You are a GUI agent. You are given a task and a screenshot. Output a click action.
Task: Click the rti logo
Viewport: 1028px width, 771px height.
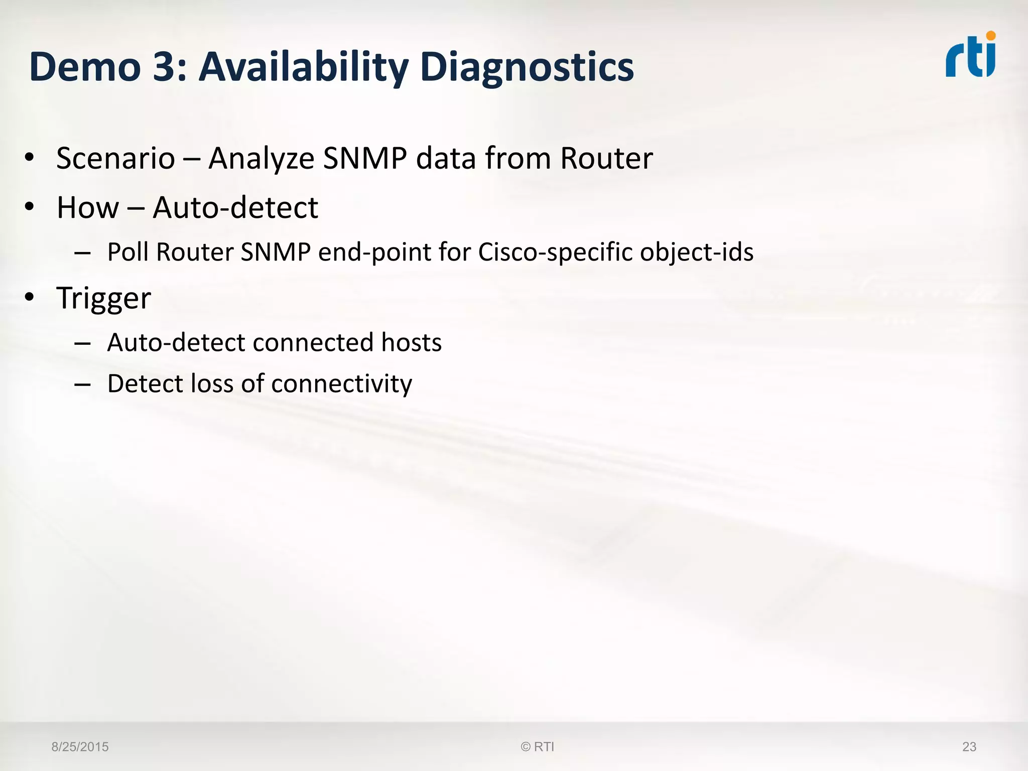click(970, 56)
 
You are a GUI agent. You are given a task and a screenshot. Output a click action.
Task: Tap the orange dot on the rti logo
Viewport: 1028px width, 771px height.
click(990, 36)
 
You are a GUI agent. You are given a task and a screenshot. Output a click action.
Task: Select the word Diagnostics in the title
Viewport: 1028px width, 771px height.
click(527, 67)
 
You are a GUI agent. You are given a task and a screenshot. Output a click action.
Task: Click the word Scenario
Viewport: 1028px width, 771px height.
click(115, 159)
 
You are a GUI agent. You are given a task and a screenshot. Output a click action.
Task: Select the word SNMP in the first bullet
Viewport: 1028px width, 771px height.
click(365, 159)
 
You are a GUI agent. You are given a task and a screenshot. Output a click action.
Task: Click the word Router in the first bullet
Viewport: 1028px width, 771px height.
click(606, 159)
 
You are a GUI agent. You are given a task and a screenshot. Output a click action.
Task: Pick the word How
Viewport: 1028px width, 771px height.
click(88, 208)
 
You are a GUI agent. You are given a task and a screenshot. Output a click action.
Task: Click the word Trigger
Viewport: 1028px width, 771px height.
click(103, 299)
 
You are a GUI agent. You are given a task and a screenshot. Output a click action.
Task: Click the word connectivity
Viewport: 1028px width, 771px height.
click(341, 384)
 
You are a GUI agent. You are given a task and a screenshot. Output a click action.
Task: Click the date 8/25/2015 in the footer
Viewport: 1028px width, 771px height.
click(80, 747)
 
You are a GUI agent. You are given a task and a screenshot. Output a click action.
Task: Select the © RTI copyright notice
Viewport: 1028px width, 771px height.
click(538, 747)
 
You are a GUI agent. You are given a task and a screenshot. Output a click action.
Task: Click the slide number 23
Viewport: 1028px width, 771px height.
click(969, 747)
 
